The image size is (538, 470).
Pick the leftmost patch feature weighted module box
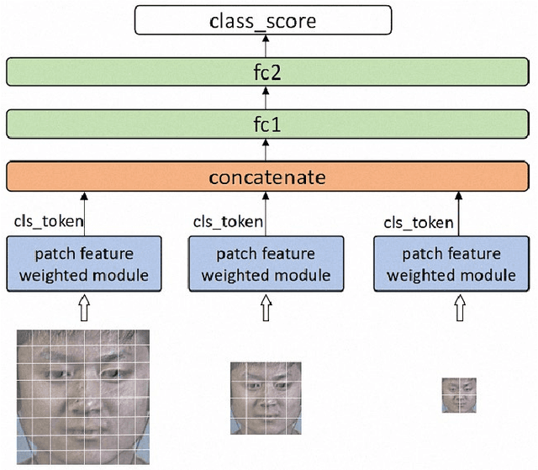pos(83,264)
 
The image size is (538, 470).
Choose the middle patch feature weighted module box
pos(266,264)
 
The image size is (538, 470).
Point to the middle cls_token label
pos(228,223)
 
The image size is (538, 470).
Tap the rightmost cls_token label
pos(418,223)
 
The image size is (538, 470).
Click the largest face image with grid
pos(82,394)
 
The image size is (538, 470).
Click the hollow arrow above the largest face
pos(83,309)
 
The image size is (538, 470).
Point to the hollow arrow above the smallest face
pos(459,309)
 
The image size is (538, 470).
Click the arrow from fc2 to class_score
pos(266,45)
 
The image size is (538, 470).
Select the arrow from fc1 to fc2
pos(266,98)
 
